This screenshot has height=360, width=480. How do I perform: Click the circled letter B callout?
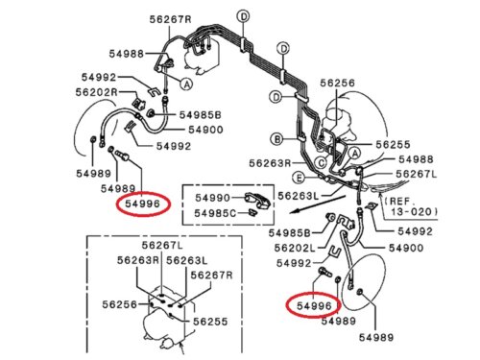tap(277, 139)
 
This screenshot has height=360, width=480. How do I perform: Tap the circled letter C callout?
tap(321, 163)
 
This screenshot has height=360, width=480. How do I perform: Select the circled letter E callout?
tap(299, 178)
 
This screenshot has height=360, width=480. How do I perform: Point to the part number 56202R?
tap(96, 92)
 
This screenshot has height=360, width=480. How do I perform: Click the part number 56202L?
tap(295, 248)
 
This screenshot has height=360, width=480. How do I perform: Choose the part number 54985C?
tap(215, 213)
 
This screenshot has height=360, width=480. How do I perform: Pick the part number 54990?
tap(212, 198)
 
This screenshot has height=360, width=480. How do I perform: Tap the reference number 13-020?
tap(413, 212)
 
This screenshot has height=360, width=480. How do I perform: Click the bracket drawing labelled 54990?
tap(258, 200)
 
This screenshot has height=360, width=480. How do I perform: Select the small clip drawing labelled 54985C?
tap(252, 212)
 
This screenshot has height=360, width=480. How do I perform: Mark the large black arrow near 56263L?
tap(317, 204)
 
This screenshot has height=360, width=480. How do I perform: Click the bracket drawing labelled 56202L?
tap(346, 222)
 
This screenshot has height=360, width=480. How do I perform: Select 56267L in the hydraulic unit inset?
tap(162, 245)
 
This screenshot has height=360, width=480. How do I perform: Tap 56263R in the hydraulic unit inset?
tap(138, 260)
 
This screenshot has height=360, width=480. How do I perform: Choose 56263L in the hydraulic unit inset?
tap(187, 260)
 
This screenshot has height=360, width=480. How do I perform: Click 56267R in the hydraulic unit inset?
tap(211, 275)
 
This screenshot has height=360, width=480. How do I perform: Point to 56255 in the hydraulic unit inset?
tap(210, 322)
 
